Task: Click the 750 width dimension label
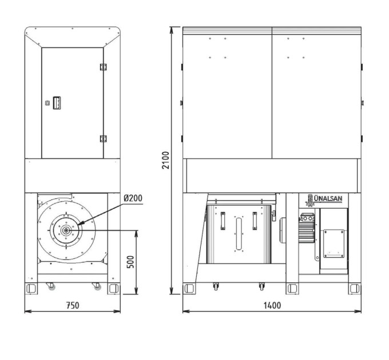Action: tap(73, 305)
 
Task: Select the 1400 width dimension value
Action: tap(272, 305)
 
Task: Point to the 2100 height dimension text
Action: tap(165, 161)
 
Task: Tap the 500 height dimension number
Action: tap(130, 262)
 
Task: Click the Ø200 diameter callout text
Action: tap(133, 198)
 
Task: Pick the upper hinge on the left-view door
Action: tap(103, 67)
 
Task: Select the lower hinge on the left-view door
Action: tap(103, 139)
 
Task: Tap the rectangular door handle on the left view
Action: tap(57, 103)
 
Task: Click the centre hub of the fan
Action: tap(66, 230)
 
